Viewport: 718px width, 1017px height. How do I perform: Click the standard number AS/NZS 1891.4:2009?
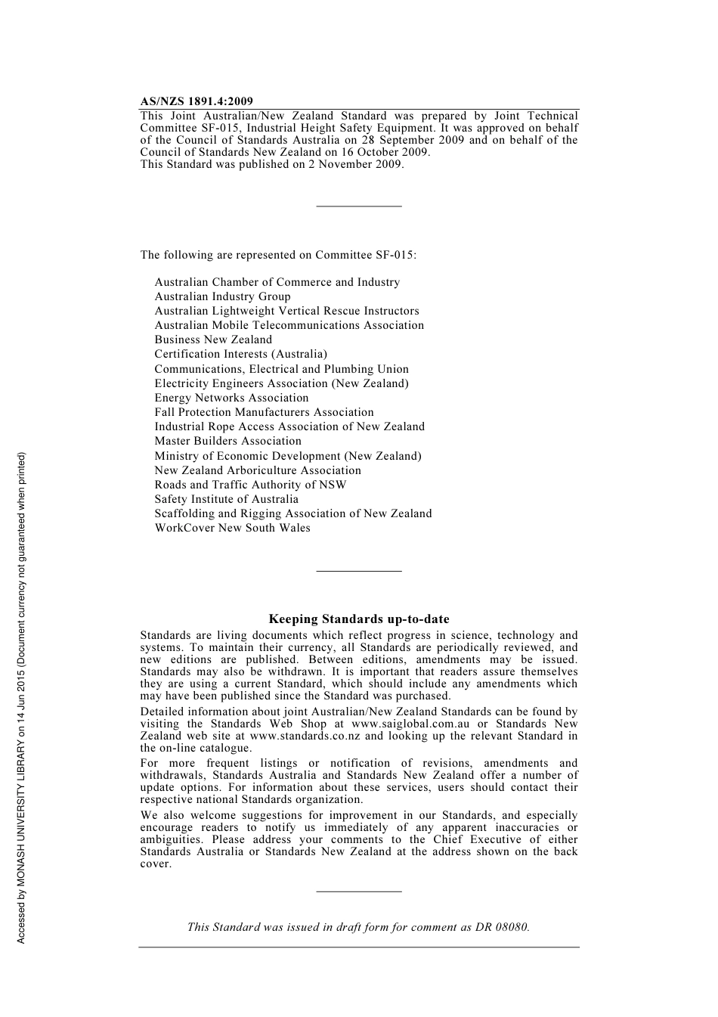coord(197,101)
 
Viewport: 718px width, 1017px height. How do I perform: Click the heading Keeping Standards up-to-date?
coord(359,619)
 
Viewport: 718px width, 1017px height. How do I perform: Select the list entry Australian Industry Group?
coord(222,296)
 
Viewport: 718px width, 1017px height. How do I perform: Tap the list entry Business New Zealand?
coord(213,340)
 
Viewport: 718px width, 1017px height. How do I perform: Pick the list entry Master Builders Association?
coord(227,441)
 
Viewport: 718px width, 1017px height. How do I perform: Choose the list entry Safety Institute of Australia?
coord(226,499)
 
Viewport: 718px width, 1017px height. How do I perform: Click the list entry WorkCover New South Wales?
coord(232,528)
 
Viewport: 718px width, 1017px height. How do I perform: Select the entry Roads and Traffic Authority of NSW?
coord(250,485)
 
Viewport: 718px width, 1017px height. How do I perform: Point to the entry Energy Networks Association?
coord(231,398)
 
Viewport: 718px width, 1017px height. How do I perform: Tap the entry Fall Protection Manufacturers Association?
coord(264,412)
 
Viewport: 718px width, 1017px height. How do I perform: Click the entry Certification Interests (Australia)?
coord(240,354)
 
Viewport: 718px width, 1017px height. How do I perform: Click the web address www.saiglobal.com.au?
coord(410,724)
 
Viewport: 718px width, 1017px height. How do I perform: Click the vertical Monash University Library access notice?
coord(21,697)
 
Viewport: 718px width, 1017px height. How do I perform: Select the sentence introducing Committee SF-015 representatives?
coord(278,255)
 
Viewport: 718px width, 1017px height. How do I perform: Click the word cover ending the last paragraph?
coord(155,864)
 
